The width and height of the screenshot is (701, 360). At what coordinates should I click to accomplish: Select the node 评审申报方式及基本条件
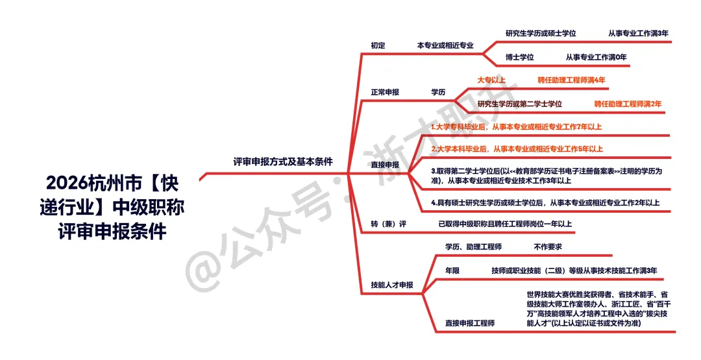pos(282,162)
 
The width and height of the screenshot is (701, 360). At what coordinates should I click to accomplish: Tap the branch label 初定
pos(378,45)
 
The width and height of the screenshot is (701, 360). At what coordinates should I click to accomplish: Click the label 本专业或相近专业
pos(445,45)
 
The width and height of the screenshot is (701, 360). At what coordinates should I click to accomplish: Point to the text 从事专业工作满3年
pos(639,33)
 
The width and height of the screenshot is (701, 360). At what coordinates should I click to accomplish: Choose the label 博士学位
pos(519,57)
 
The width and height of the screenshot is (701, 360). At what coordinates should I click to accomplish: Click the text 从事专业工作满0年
pos(596,57)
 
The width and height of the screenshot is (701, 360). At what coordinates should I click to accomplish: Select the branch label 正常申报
pos(385,92)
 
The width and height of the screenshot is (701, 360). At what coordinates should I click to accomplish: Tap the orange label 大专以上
pos(491,80)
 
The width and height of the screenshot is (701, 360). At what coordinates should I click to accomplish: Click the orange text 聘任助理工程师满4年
pos(572,80)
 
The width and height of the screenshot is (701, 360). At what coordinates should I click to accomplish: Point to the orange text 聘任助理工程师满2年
pos(628,104)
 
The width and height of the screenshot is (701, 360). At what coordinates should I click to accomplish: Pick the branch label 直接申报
pos(385,165)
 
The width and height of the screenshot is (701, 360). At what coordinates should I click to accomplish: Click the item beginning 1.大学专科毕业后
pos(517,127)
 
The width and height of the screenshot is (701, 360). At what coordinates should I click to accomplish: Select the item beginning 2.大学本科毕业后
pos(517,149)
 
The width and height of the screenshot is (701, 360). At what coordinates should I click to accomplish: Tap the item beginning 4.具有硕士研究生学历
pos(545,203)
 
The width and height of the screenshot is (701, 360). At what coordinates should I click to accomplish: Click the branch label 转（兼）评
pos(388,224)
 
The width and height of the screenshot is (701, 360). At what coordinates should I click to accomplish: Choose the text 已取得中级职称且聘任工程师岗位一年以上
pos(506,224)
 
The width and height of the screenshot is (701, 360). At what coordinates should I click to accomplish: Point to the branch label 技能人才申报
pos(391,284)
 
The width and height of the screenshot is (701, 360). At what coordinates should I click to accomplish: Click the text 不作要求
pos(548,246)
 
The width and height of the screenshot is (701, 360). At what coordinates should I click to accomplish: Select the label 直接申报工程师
pos(470,323)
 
